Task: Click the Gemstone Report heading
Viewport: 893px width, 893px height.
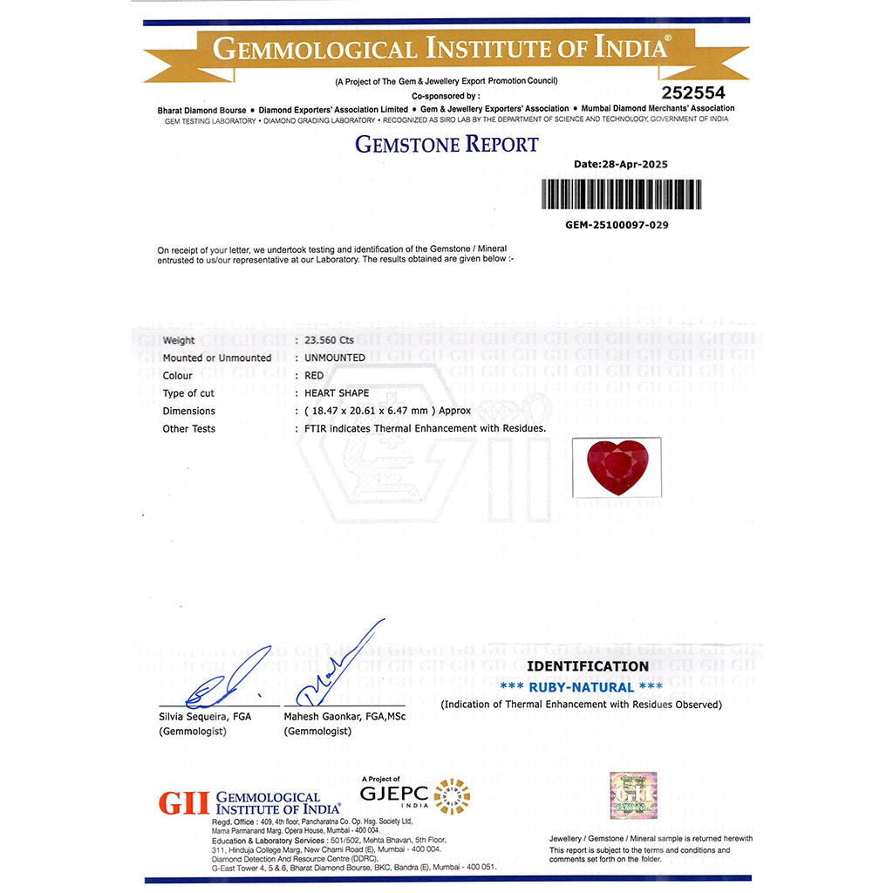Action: [x=446, y=144]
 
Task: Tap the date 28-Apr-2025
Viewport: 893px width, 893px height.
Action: [x=621, y=164]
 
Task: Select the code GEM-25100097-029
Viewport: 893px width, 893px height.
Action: [x=617, y=224]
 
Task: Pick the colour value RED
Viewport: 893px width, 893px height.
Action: [x=314, y=376]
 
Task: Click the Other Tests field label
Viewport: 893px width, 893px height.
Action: [x=189, y=429]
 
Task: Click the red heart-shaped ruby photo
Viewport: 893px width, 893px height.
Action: [x=617, y=468]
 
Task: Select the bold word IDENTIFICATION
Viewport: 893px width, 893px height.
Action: [x=588, y=666]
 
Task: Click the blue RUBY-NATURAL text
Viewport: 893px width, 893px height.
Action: [x=582, y=687]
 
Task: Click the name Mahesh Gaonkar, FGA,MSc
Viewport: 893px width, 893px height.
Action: [x=344, y=716]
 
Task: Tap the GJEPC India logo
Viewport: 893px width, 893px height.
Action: [x=415, y=795]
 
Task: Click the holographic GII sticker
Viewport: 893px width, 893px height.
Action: [x=631, y=794]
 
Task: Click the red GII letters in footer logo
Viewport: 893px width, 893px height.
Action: [x=184, y=803]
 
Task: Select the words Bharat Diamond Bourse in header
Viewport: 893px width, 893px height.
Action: [x=201, y=110]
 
